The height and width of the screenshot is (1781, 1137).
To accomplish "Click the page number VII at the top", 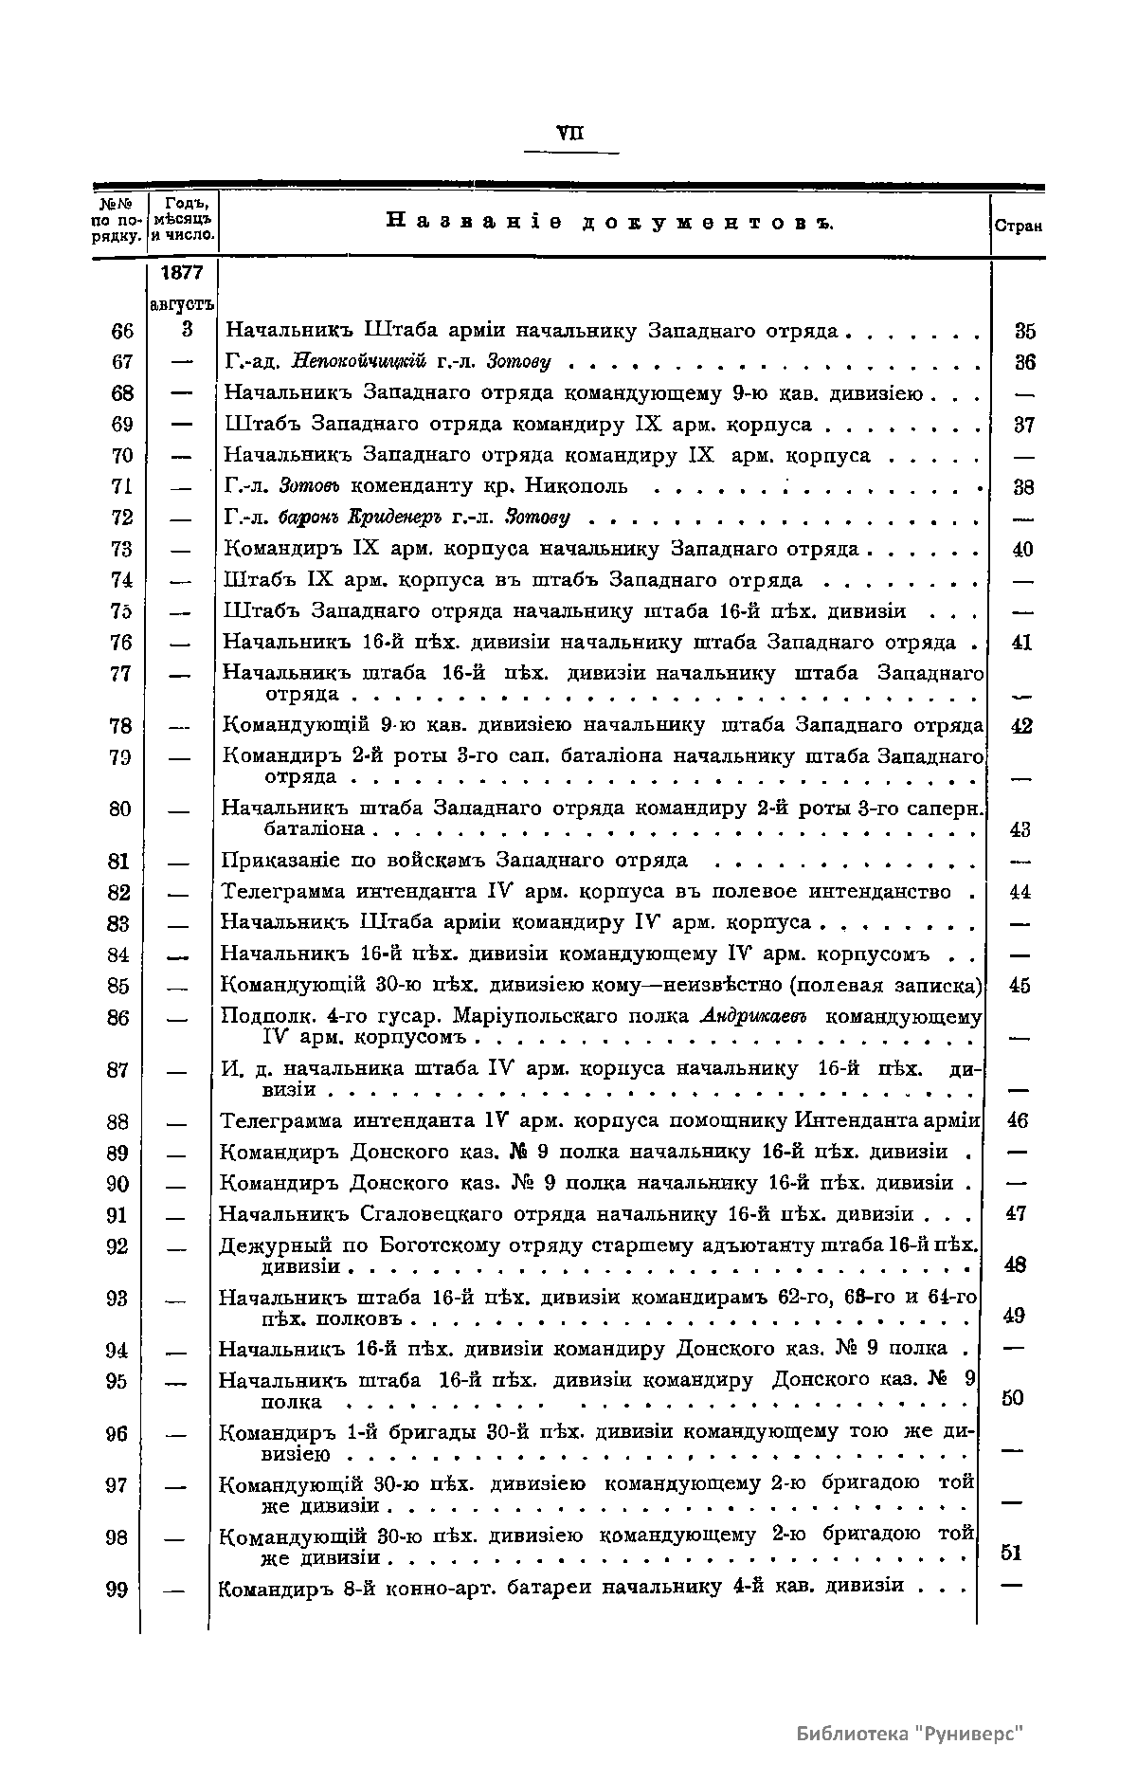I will pos(570,134).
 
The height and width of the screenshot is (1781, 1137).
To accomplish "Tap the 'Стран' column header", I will pos(1017,227).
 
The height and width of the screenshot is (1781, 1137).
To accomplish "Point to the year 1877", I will pos(183,273).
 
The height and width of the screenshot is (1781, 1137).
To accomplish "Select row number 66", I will pos(122,331).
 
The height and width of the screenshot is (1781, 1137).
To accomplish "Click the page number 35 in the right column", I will pos(1024,332).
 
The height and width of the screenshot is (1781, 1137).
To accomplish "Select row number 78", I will pos(120,727).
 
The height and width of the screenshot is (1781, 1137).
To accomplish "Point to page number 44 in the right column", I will pos(1020,892).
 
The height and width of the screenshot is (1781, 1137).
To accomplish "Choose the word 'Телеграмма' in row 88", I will pos(280,1121).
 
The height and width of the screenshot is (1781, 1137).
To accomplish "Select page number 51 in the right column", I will pos(1012,1553).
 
